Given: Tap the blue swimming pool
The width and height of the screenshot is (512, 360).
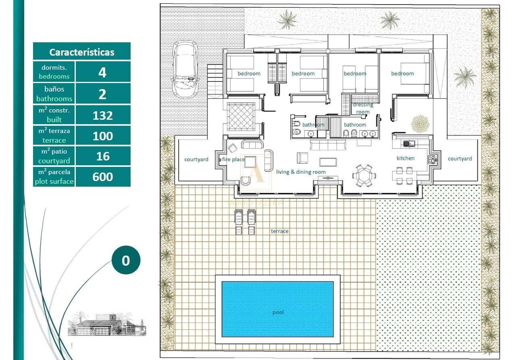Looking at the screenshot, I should pos(277,309).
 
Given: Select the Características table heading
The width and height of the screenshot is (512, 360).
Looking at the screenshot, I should pos(82,52).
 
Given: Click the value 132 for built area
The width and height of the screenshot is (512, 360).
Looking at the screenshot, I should pos(102,115).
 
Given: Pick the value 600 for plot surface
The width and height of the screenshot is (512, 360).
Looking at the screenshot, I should pos(102,177).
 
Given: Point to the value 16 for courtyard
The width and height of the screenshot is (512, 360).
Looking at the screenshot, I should pos(102,156).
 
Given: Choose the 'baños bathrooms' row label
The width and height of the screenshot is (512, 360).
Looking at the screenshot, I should pos(54,94).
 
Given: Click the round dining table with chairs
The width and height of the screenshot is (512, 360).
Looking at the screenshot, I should pos(364,175).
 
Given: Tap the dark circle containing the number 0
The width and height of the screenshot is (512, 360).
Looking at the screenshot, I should pos(126,260).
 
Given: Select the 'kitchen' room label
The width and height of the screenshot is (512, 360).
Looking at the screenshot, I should pos(405,158).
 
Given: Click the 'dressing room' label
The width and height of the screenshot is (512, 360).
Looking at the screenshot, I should pos(363,108).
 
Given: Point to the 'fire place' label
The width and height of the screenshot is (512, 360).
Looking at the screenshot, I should pos(233,159).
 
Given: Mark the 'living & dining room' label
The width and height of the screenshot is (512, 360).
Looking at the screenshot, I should pos(301,172).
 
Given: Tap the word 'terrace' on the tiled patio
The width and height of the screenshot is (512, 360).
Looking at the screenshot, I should pos(279,231).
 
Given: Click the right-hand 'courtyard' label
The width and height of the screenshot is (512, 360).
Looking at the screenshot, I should pos(460,158).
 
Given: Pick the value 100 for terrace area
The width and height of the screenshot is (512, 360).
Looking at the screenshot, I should pos(102,136).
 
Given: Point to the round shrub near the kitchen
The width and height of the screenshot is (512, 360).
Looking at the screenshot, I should pos(420,123).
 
